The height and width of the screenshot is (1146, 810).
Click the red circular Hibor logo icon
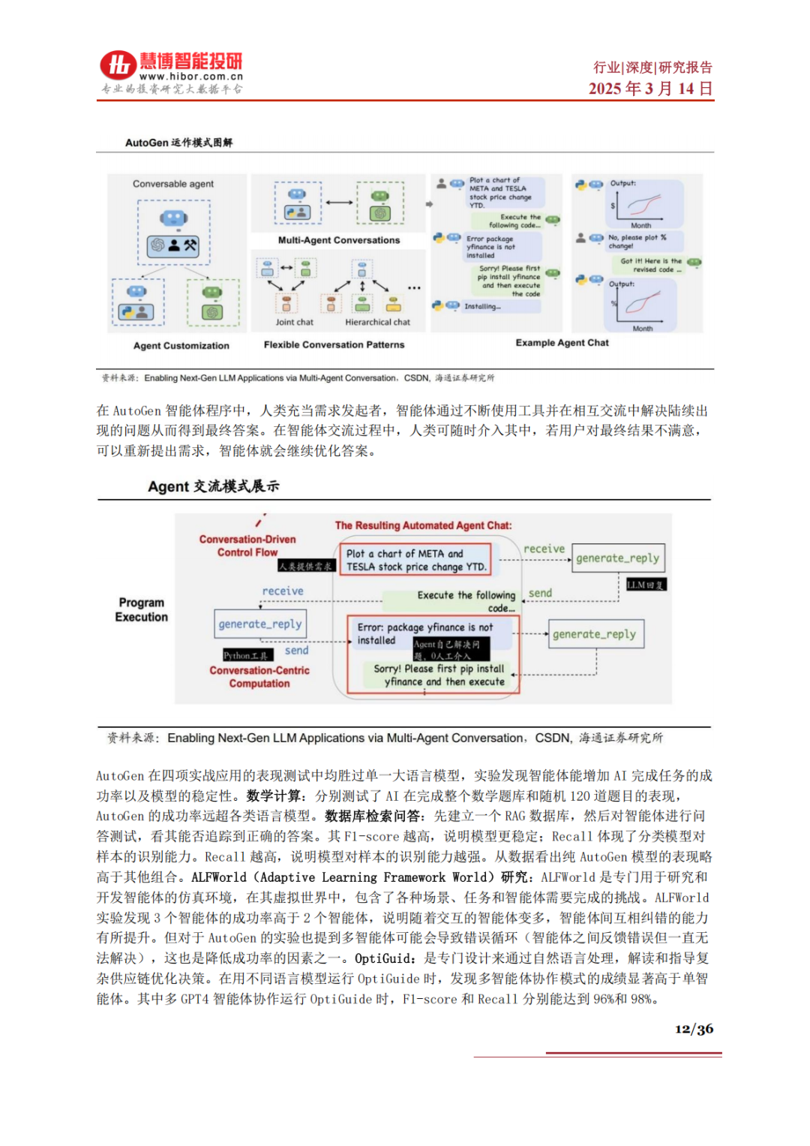pos(118,66)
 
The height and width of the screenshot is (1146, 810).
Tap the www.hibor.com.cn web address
pos(190,77)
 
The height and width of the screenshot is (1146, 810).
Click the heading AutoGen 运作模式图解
pos(178,143)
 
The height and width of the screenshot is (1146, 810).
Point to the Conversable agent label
pos(173,184)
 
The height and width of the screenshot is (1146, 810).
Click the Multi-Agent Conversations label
pos(339,240)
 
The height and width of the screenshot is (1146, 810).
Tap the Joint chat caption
pos(294,322)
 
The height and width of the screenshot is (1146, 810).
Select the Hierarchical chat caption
pos(377,322)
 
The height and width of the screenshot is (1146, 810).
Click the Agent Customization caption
pos(181,346)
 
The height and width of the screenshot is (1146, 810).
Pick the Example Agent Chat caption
pos(562,343)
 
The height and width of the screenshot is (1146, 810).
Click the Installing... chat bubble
pos(481,306)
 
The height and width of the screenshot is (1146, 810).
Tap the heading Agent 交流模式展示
pos(213,486)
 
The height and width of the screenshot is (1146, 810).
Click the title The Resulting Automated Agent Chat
pos(423,525)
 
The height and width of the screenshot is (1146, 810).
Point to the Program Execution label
pos(141,609)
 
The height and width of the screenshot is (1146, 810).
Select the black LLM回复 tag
pos(646,585)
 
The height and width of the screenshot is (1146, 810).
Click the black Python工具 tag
pos(247,655)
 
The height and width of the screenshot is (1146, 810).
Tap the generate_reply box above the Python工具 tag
pos(260,624)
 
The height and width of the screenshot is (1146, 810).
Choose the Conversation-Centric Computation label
pos(259,677)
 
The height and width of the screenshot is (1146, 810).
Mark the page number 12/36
pos(694,1029)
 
